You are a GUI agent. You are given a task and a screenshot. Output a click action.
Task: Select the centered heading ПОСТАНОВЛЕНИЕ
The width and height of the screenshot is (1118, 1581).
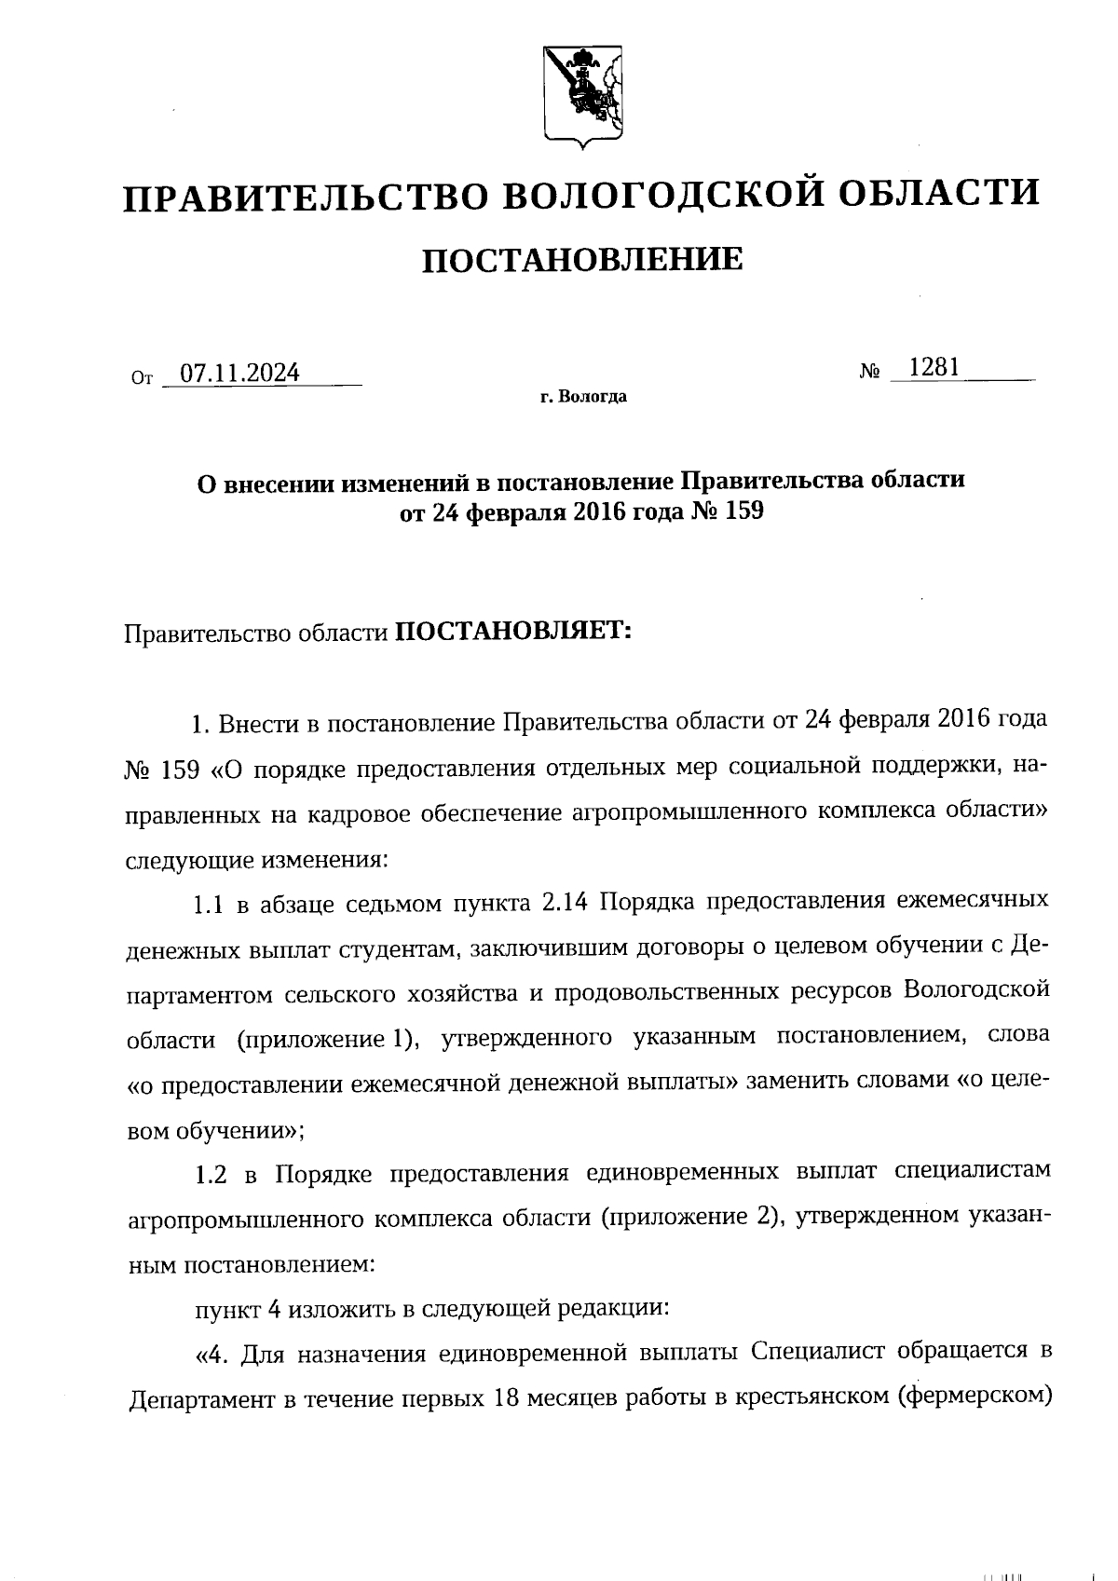[583, 259]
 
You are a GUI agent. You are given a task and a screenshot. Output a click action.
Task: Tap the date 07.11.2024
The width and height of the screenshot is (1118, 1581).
[239, 374]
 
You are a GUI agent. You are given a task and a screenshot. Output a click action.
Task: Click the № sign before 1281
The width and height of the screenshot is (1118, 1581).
[869, 372]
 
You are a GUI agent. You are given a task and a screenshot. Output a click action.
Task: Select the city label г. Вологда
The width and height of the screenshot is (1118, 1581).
[583, 398]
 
